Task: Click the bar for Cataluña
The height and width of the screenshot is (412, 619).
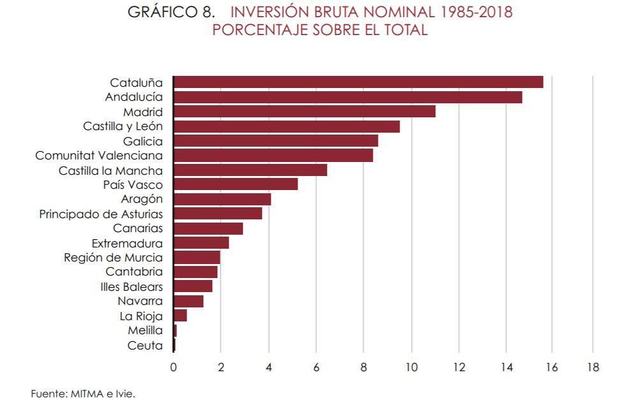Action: click(x=358, y=82)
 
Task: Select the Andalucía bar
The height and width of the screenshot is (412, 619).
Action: click(x=347, y=97)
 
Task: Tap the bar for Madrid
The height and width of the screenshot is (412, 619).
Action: click(x=304, y=112)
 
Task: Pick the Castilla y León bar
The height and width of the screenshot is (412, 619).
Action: click(x=286, y=126)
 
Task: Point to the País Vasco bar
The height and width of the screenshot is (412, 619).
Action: click(x=235, y=184)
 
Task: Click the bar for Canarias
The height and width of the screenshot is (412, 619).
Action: click(x=208, y=228)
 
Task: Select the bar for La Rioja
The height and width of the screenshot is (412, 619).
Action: click(x=180, y=316)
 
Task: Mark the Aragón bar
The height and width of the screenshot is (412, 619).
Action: click(x=222, y=199)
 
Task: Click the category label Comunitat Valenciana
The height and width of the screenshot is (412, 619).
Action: click(x=99, y=156)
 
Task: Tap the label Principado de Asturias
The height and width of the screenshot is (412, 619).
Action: click(x=101, y=214)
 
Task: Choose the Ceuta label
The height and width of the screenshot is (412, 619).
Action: click(x=145, y=346)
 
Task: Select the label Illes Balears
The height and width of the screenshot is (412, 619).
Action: click(x=131, y=287)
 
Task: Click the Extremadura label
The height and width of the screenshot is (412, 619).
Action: click(x=127, y=243)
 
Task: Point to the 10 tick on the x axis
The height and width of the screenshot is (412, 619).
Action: click(x=411, y=367)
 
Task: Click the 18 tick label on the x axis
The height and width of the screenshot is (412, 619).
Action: click(x=592, y=367)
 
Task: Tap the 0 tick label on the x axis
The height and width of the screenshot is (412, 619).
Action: click(x=173, y=367)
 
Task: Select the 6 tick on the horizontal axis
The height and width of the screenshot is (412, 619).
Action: click(x=316, y=367)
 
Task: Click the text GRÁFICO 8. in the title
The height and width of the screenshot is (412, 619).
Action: click(x=171, y=12)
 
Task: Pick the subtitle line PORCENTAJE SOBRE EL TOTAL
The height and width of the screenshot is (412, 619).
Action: click(x=319, y=30)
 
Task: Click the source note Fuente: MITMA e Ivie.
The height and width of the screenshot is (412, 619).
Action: click(x=83, y=394)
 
